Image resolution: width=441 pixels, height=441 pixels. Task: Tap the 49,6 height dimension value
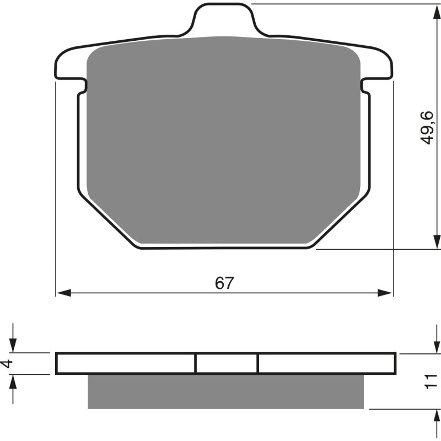(x=428, y=127)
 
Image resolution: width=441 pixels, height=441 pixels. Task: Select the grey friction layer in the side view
(x=226, y=392)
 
